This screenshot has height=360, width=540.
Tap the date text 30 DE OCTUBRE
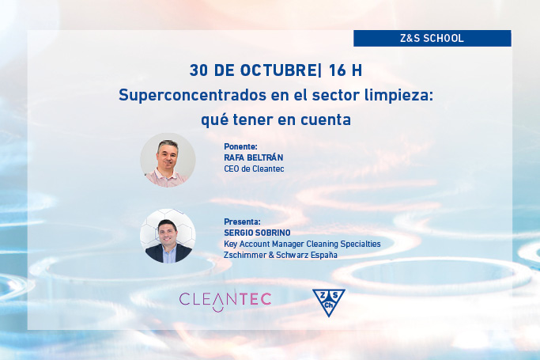251,70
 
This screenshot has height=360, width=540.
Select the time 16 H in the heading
346,70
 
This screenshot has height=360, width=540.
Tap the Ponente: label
241,147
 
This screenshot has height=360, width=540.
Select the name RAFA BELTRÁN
254,157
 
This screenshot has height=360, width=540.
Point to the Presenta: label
243,222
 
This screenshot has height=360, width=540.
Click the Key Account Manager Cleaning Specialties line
303,244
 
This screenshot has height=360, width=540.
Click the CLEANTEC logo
225,299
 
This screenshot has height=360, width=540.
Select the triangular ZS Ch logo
328,301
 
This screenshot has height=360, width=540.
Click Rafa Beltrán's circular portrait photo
168,160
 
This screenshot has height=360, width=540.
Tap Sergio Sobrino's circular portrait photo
168,236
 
